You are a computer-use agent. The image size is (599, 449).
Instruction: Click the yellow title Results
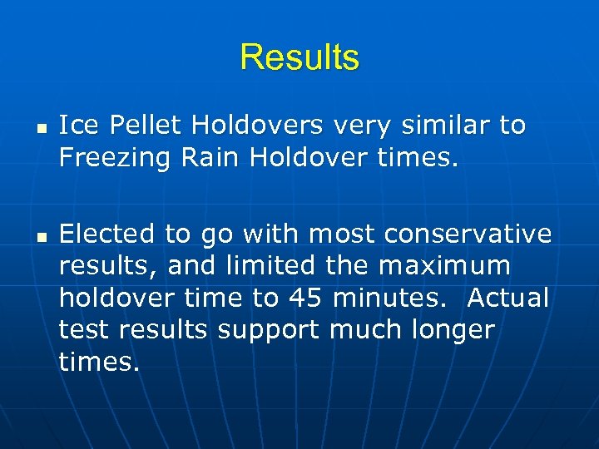[x=299, y=57]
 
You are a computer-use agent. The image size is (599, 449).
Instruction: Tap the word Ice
[x=80, y=126]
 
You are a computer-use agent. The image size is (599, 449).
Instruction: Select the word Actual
[x=508, y=298]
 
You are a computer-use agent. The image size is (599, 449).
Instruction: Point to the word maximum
[x=445, y=266]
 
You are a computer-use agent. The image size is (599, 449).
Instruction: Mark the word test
[x=85, y=330]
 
